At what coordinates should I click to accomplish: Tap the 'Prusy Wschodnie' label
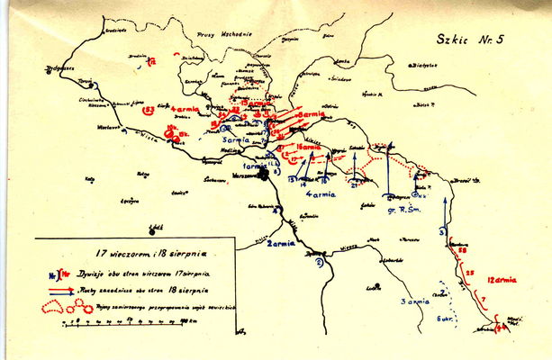click(231, 33)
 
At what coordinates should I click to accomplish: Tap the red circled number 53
click(149, 112)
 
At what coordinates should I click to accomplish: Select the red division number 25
click(469, 271)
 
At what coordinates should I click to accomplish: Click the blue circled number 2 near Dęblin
click(318, 263)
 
